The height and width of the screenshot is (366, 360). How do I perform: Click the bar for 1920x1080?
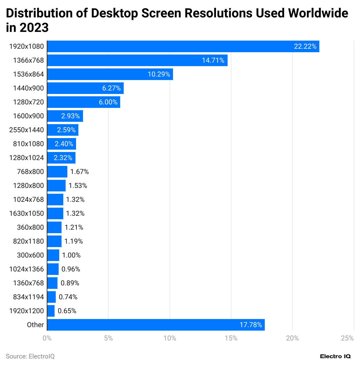click(183, 46)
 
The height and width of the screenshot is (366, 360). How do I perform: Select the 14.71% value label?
click(213, 60)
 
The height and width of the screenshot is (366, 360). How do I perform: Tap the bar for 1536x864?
click(110, 74)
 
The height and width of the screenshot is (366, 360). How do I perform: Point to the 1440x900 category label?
click(28, 88)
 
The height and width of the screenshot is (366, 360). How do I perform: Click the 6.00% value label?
click(108, 102)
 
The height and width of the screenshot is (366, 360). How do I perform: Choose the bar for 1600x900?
click(65, 116)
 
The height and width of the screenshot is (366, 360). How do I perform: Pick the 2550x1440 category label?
click(27, 130)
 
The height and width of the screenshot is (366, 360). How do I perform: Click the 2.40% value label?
click(64, 144)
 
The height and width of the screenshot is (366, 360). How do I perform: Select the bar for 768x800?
click(57, 172)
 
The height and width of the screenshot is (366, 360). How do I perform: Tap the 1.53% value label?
click(78, 186)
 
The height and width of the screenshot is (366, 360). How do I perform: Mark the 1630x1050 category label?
click(27, 213)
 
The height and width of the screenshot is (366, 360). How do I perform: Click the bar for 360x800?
click(54, 227)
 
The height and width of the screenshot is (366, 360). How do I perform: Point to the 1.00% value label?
click(71, 255)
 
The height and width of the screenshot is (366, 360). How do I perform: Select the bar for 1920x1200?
click(51, 311)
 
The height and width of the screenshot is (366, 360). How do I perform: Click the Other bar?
click(156, 325)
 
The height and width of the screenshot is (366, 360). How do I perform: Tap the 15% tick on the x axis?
click(231, 338)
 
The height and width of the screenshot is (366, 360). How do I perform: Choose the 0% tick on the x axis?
click(47, 338)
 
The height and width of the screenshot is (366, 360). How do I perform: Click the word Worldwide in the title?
click(318, 13)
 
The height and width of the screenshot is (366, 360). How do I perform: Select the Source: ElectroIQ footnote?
click(30, 356)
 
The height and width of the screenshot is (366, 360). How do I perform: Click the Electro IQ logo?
click(335, 356)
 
